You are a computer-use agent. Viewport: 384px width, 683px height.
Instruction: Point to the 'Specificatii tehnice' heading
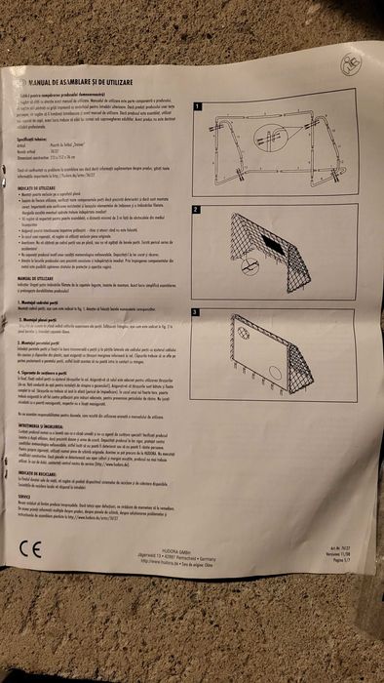point(40,141)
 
